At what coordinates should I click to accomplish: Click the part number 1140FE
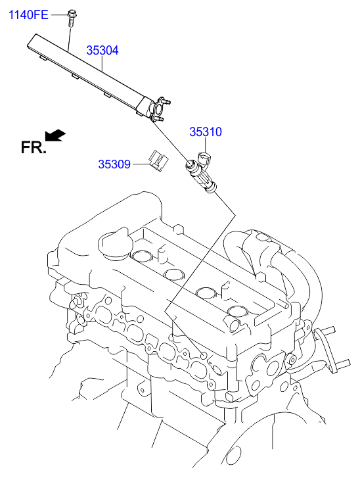pyautogui.click(x=28, y=14)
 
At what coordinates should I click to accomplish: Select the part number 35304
pyautogui.click(x=102, y=51)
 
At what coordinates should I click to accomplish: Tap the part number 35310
pyautogui.click(x=206, y=131)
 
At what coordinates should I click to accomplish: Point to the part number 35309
pyautogui.click(x=114, y=164)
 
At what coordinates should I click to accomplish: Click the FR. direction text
pyautogui.click(x=34, y=147)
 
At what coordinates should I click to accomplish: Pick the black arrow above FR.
pyautogui.click(x=55, y=135)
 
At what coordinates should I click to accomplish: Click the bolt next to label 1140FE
pyautogui.click(x=71, y=18)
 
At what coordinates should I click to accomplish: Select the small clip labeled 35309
pyautogui.click(x=159, y=160)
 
